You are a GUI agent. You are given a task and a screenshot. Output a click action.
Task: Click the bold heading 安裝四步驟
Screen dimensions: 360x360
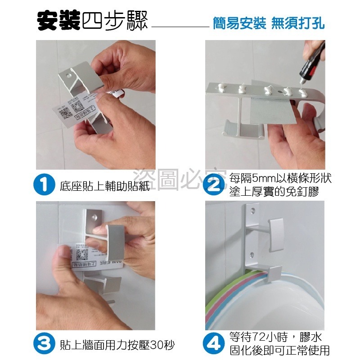92,21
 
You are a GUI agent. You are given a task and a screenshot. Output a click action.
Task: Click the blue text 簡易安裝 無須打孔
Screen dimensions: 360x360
268,23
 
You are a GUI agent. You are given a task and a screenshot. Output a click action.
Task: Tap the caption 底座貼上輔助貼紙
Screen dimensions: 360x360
104,185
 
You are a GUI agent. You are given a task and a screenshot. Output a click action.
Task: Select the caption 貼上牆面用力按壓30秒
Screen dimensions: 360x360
117,345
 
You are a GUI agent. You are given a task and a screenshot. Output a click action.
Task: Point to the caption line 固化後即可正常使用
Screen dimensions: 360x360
279,350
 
